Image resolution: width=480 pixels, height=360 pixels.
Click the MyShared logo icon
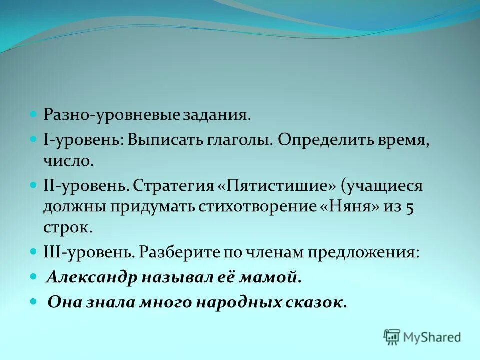[x=392, y=337]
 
